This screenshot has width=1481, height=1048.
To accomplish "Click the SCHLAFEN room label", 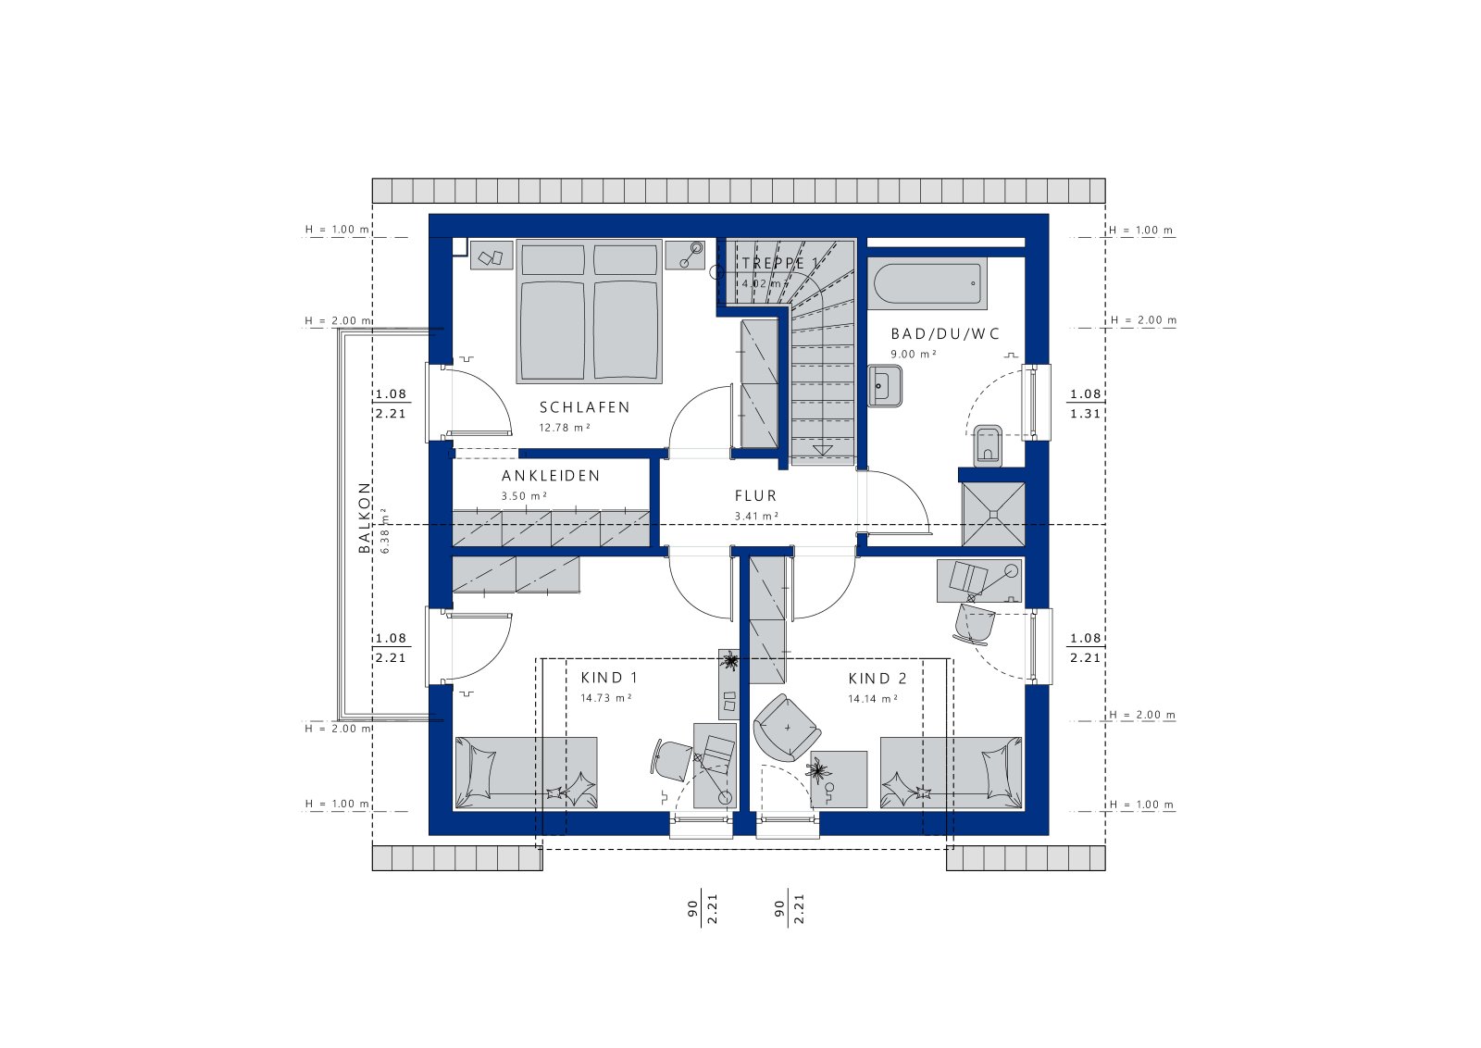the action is pos(584,407).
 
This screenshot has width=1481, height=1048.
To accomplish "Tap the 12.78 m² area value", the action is pos(564,428).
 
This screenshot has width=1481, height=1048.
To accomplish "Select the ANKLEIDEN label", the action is pos(551,476).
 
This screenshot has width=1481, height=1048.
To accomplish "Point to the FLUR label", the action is pos(755,496).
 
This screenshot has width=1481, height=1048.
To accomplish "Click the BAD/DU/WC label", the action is pos(945,334).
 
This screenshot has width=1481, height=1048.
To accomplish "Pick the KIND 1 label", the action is pos(610,678).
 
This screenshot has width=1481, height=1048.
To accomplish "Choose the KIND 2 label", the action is pos(877,679).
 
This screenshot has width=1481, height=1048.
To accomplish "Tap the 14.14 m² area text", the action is pos(873,699).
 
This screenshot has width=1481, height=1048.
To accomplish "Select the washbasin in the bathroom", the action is pos(885,385).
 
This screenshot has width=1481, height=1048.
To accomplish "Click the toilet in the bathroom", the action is pos(988,445).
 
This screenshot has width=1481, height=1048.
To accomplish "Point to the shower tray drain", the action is pos(993,515).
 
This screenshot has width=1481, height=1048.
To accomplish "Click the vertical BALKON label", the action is pos(365,518).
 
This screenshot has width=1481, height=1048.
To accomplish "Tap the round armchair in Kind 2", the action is pos(787,728).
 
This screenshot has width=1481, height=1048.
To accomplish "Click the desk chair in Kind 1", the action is pos(671,760).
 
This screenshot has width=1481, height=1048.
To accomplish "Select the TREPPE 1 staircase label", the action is pos(778,263).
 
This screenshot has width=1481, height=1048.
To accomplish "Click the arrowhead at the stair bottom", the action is pos(822,450).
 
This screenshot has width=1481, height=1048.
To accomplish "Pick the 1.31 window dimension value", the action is pos(1086,414).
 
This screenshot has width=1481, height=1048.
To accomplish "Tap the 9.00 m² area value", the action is pos(913,355).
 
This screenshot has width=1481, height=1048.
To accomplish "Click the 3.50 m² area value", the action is pos(524,496).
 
